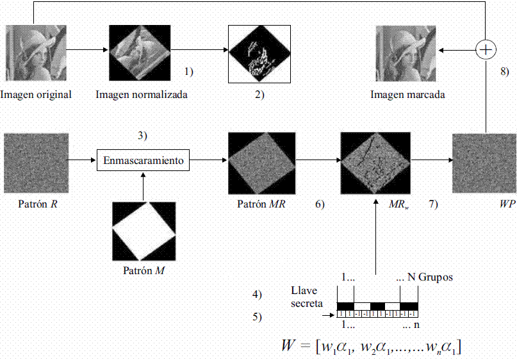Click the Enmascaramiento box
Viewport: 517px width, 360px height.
click(x=144, y=160)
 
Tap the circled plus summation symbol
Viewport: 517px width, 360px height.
click(x=486, y=49)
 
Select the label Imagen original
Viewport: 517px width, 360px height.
click(x=36, y=95)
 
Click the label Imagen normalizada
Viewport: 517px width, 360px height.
click(x=142, y=95)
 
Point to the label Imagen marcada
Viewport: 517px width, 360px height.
click(x=407, y=95)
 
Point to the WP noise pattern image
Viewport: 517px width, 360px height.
click(x=484, y=163)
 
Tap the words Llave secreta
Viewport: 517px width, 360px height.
click(x=307, y=297)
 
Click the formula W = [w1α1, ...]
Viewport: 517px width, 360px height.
click(x=372, y=347)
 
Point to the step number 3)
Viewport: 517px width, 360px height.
click(x=143, y=135)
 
